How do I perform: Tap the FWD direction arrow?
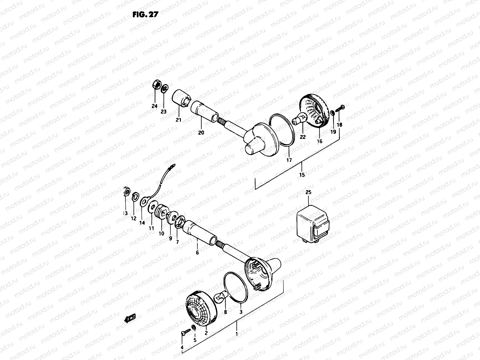(x=130, y=318)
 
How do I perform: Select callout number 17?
(x=289, y=160)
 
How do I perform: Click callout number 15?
(x=302, y=175)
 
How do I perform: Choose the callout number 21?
(x=179, y=120)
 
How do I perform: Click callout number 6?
(x=197, y=253)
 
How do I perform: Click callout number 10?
(x=161, y=233)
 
